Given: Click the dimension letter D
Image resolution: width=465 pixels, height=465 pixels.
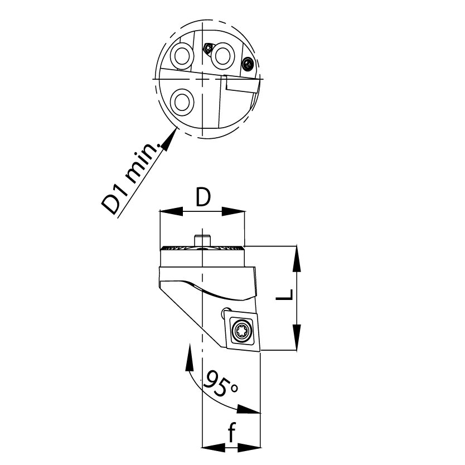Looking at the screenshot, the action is [x=203, y=197].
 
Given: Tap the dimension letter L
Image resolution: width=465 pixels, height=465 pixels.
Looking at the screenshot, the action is [x=285, y=294].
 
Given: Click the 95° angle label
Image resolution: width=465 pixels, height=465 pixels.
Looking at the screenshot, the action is [x=221, y=384].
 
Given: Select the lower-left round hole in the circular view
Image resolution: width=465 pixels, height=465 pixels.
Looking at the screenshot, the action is [x=182, y=103].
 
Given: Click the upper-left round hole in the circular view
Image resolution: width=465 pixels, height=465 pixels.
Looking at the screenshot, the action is [x=182, y=56].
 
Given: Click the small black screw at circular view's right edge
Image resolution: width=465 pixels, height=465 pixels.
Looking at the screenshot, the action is [x=248, y=64].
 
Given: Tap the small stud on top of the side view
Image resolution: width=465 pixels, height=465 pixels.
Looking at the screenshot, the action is [x=202, y=240].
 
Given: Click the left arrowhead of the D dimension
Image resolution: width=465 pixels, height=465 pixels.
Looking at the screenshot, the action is [x=171, y=211].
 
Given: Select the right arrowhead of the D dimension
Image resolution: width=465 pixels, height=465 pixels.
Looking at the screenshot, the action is [x=234, y=211].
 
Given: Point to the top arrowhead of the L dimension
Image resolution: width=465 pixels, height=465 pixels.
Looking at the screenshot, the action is [x=297, y=259].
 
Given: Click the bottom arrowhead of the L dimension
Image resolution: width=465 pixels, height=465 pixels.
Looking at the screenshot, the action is [x=297, y=337].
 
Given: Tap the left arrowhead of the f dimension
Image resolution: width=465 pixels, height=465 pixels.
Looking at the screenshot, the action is [x=214, y=448].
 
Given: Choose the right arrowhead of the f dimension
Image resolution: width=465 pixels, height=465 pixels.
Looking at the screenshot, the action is [x=249, y=448].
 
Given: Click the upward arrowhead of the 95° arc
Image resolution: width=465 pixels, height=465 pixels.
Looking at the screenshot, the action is [x=189, y=357].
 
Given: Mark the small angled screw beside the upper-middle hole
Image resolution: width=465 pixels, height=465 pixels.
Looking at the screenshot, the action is [x=208, y=48].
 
